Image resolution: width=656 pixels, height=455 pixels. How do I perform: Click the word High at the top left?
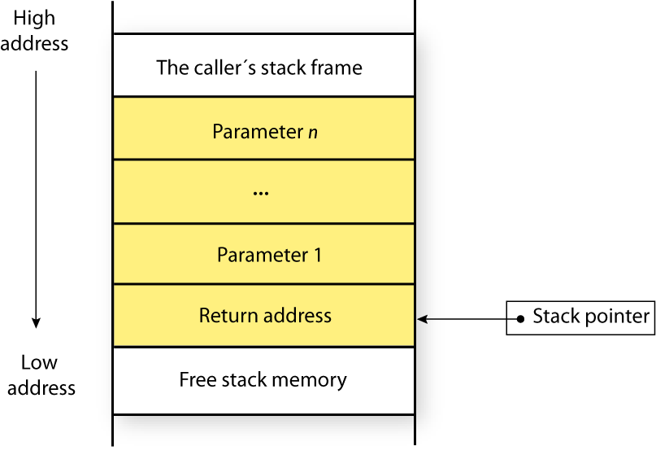click(35, 19)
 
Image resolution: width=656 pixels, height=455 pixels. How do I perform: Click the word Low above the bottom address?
click(39, 363)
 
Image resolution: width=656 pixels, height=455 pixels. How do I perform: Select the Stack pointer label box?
click(580, 317)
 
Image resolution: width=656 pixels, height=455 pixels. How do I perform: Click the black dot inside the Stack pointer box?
click(521, 317)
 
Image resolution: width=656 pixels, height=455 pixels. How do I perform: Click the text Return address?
click(265, 316)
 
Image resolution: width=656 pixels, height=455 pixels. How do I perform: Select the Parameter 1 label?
click(269, 255)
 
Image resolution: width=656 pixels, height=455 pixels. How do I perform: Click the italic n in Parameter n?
click(313, 132)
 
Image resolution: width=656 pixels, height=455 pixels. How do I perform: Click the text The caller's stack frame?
click(259, 67)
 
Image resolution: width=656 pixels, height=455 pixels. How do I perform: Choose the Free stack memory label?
click(263, 379)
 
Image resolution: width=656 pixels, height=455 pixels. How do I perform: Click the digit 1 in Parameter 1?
click(317, 255)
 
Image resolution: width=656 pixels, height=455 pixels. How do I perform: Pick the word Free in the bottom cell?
click(196, 379)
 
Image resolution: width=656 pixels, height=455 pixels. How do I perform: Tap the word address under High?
click(35, 43)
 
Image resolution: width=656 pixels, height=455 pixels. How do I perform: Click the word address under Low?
click(41, 387)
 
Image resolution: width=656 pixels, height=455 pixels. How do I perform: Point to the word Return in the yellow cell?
click(225, 316)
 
